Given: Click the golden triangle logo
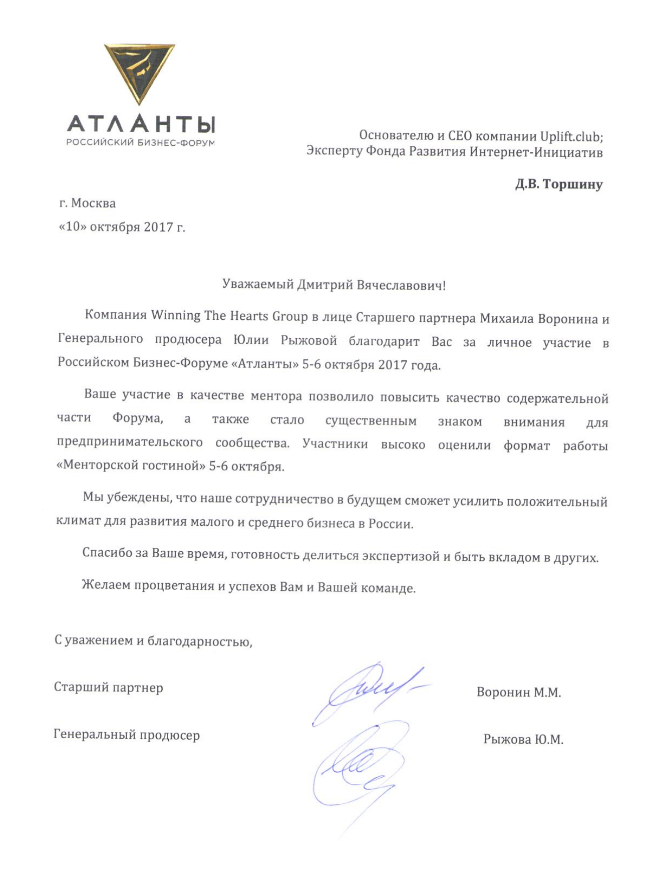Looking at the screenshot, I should pos(139,73).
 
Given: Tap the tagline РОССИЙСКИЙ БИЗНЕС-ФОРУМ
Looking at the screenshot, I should pos(140,143).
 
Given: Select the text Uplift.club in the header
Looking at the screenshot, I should pos(571,136).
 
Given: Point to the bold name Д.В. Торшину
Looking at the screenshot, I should pos(559,184).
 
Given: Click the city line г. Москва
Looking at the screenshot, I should pos(88,203).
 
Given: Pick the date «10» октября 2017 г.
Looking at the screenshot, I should pos(122,227).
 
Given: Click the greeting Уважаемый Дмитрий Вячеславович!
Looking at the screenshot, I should pos(334,285).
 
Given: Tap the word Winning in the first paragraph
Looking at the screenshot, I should pos(176,315).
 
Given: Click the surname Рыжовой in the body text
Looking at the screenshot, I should pos(308,341).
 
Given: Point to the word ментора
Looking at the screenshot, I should pos(276,396).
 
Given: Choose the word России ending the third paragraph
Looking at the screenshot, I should pos(391,524).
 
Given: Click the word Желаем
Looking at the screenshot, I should pos(106,585).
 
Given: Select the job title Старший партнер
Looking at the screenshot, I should pos(109,687).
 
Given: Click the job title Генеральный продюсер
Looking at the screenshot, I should pos(127,735).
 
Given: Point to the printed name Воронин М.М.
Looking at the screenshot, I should pos(518,693).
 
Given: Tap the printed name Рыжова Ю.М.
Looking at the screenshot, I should pos(523,739).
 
